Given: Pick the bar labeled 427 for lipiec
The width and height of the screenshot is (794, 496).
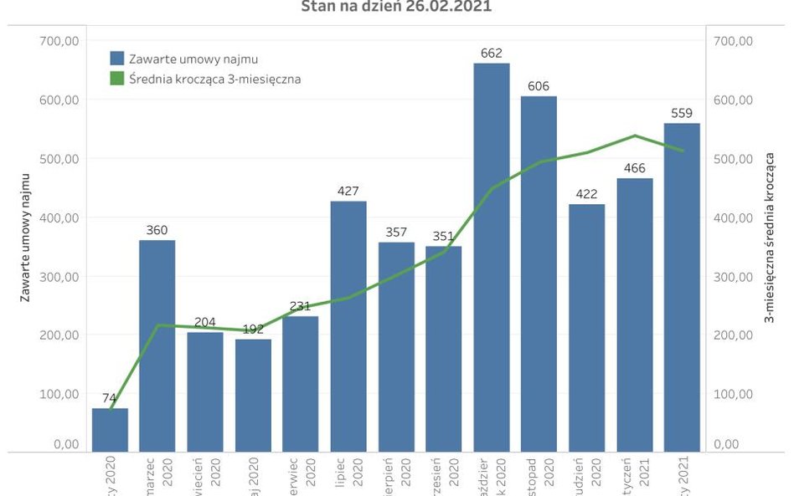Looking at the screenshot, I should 348,326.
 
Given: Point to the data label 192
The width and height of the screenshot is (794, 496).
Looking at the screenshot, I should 253,330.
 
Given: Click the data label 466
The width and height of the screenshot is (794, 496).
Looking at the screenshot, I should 634,169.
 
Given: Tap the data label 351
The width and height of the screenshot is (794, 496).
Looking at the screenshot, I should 443,237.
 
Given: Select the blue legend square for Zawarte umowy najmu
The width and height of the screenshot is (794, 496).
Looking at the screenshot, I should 117,59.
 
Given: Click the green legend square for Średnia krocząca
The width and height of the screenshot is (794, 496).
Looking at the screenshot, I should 117,79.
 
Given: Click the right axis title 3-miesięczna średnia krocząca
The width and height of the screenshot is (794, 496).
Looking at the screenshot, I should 768,238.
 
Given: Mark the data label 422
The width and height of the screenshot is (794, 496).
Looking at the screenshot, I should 586,195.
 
